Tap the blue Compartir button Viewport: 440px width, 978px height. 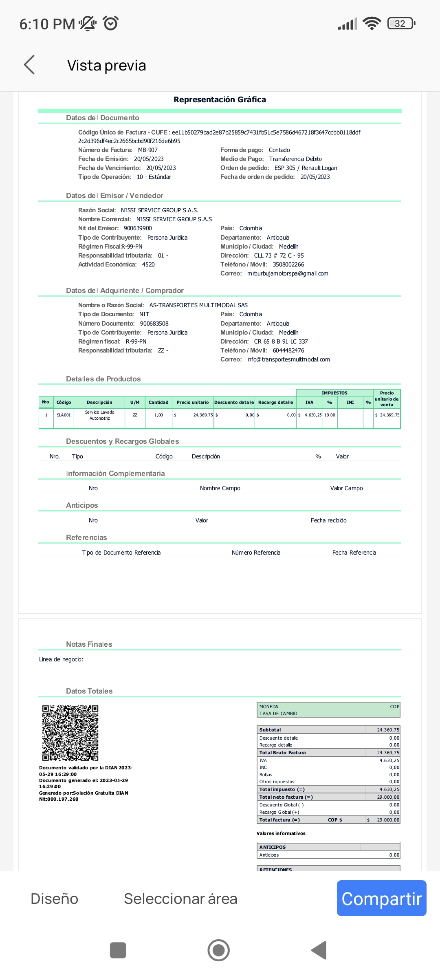click(381, 899)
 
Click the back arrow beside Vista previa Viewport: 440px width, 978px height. click(29, 65)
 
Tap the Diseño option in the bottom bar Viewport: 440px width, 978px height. click(54, 899)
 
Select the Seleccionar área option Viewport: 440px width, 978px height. click(180, 899)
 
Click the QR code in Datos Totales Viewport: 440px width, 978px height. click(70, 733)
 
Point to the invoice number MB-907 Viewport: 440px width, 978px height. click(147, 150)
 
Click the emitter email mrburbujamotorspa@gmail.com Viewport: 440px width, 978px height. click(288, 273)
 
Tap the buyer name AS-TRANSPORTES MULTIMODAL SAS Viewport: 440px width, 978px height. click(198, 305)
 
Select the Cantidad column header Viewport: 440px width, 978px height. click(158, 402)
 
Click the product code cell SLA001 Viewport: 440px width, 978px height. click(64, 415)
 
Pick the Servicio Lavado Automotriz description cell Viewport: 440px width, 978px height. click(99, 415)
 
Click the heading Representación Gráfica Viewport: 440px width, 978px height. click(220, 100)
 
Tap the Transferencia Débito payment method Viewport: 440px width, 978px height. click(295, 159)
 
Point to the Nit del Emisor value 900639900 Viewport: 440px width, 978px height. click(138, 228)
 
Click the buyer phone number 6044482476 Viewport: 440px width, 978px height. click(288, 350)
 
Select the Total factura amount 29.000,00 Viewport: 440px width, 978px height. click(388, 820)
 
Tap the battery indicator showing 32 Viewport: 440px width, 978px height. click(401, 24)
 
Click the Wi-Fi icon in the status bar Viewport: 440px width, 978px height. click(372, 24)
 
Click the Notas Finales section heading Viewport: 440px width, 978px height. click(89, 644)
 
